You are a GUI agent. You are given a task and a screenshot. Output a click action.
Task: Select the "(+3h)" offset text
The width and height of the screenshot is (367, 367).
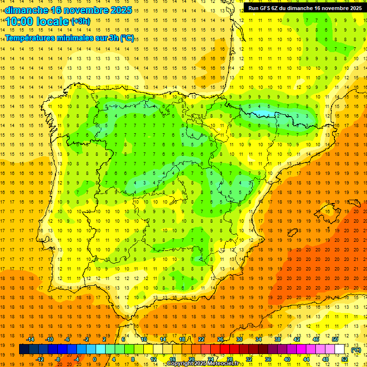[x=79, y=22]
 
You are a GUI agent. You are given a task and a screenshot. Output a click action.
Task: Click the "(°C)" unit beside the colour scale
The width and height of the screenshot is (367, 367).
[x=356, y=350]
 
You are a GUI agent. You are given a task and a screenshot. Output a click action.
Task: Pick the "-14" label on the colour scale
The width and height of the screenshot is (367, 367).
[x=30, y=339]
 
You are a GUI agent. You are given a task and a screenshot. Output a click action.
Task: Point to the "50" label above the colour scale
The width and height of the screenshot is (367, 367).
[x=335, y=339]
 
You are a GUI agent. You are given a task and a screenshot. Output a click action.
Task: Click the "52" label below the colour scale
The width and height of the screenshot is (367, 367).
[x=345, y=359]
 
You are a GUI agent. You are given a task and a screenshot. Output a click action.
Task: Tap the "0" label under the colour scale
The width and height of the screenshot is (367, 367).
[x=95, y=359]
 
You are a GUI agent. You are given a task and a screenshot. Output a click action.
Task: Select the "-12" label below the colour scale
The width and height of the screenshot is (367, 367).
[x=40, y=359]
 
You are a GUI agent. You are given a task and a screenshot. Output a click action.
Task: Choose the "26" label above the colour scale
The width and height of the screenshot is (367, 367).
[x=220, y=339]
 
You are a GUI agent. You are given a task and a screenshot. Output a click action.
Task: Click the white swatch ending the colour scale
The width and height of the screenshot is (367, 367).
[x=340, y=349]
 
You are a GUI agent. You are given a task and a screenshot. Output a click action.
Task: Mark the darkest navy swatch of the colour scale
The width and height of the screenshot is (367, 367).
[x=24, y=349]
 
